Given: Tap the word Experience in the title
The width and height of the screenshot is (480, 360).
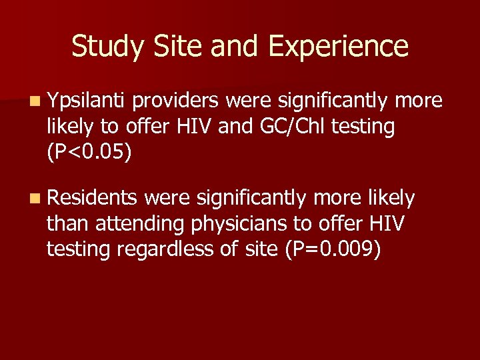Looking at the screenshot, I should pyautogui.click(x=338, y=47).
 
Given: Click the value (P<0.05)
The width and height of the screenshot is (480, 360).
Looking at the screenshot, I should pyautogui.click(x=89, y=152).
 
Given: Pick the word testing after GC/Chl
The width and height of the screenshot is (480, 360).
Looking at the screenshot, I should pyautogui.click(x=361, y=127).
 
